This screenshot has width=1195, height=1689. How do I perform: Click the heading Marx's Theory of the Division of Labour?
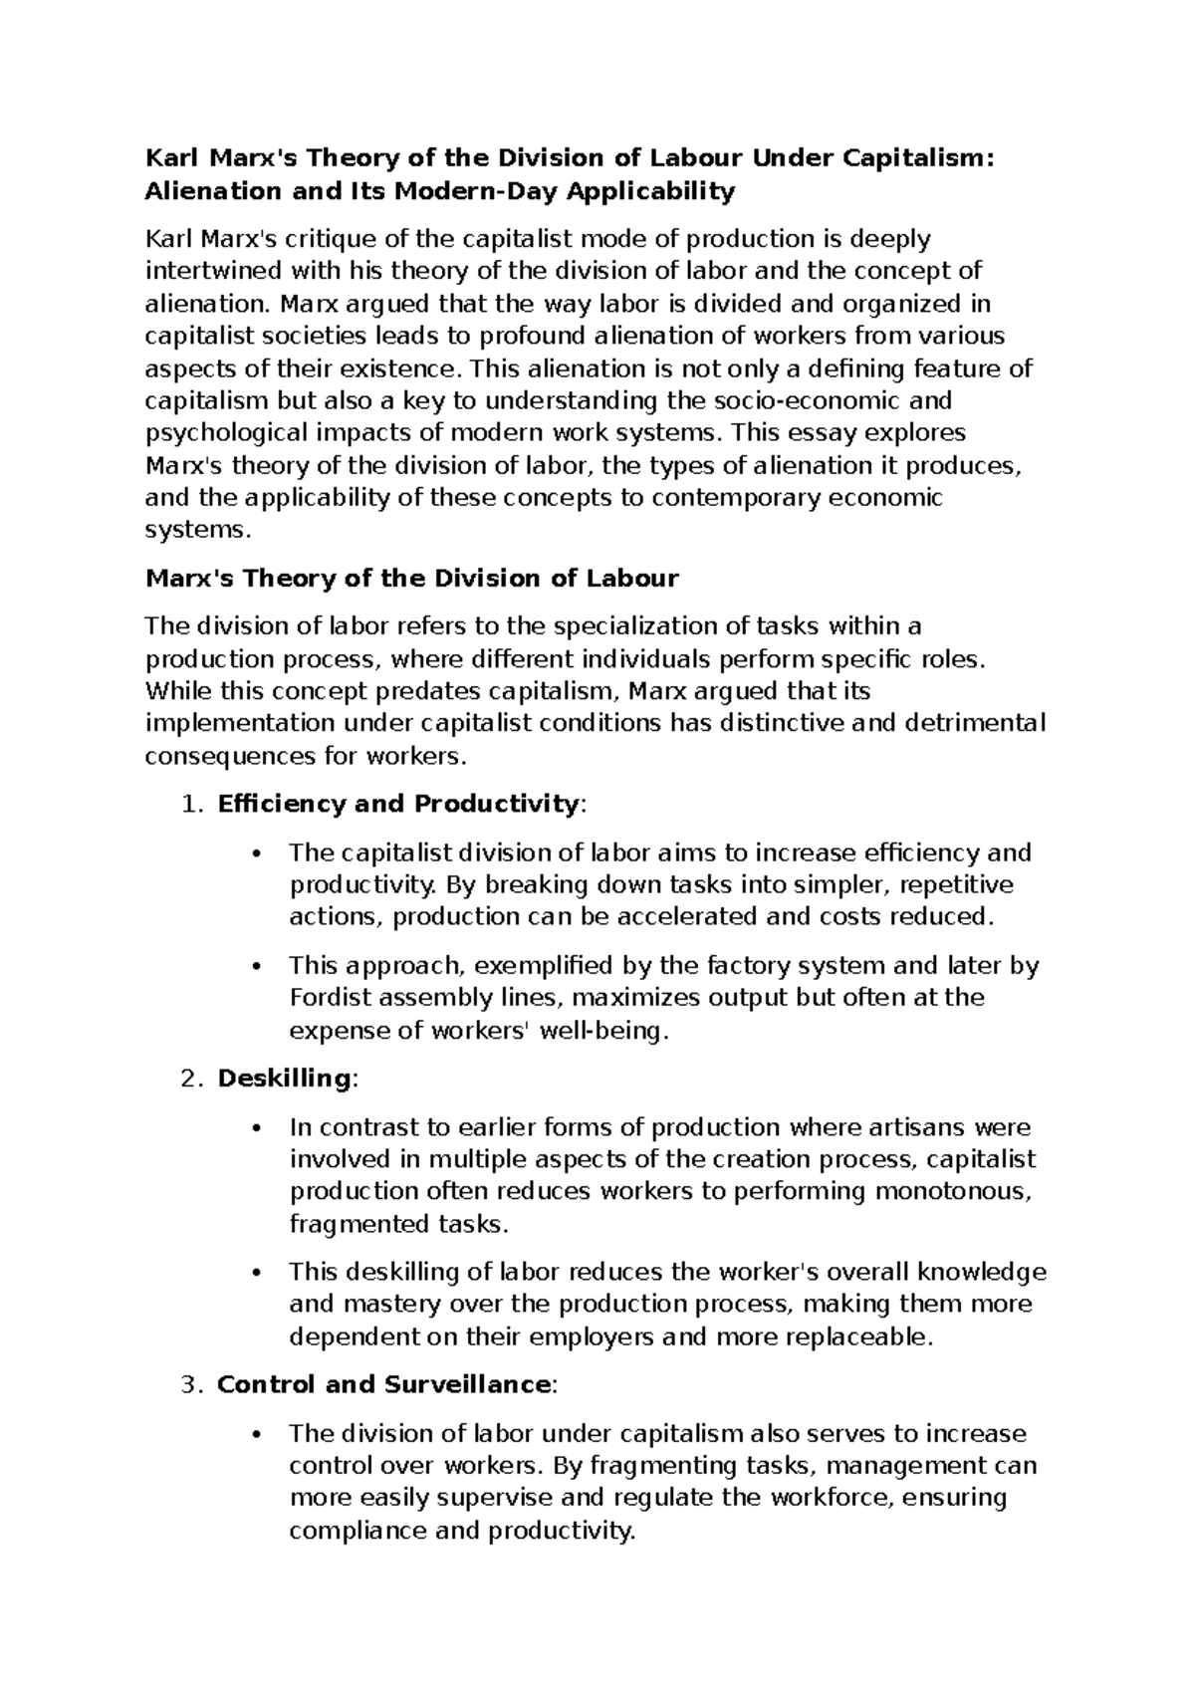pos(411,579)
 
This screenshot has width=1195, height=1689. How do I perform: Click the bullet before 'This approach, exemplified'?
pos(257,966)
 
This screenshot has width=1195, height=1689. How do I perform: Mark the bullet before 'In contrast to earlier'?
pos(257,1128)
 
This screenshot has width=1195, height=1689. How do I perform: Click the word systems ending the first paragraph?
pos(193,531)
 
